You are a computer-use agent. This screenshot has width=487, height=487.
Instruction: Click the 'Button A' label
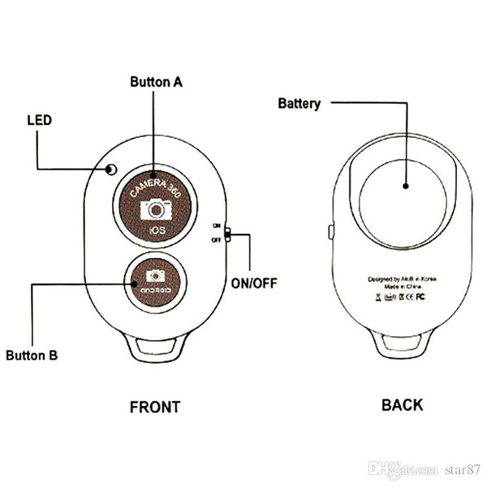click(x=157, y=82)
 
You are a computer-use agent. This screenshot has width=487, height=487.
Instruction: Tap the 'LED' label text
click(x=39, y=120)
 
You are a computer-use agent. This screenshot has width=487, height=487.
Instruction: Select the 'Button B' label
click(x=32, y=355)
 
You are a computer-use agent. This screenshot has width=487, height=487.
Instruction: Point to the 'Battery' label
click(x=299, y=103)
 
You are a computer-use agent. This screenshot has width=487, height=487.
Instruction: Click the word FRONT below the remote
click(x=155, y=407)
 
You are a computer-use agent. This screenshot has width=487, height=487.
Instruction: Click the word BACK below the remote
click(x=402, y=404)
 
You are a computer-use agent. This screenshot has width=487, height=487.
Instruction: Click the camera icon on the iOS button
click(x=156, y=210)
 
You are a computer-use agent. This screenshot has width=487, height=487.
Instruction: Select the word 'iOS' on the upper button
click(x=156, y=232)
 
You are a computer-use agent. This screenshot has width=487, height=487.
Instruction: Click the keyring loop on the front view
click(x=155, y=347)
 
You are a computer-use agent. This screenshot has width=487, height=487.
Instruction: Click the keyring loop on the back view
click(x=403, y=347)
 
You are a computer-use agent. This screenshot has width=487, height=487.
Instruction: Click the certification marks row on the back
click(x=403, y=297)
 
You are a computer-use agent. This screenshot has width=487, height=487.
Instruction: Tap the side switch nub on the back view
click(x=330, y=232)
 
